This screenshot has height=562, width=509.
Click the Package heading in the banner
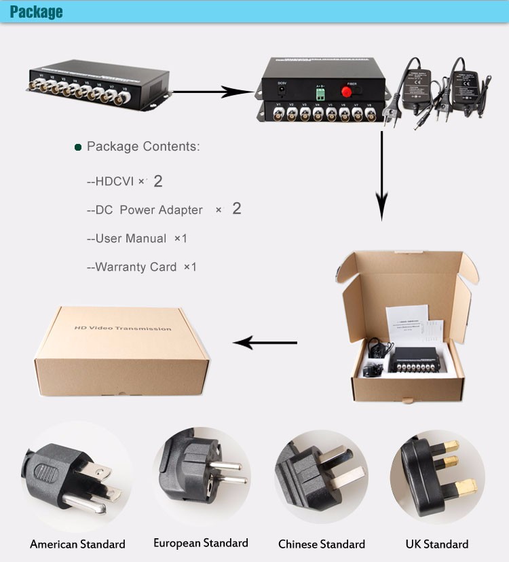pos(36,12)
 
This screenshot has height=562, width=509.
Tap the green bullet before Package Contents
pos(78,147)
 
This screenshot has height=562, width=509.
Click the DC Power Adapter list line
pos(163,209)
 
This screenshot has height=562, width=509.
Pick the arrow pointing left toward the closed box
pos(265,343)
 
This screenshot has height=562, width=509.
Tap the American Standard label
pos(77,544)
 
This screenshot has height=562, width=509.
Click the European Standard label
pos(200,543)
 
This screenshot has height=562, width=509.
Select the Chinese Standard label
pos(321,544)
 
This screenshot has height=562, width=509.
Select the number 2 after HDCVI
pos(158,181)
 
